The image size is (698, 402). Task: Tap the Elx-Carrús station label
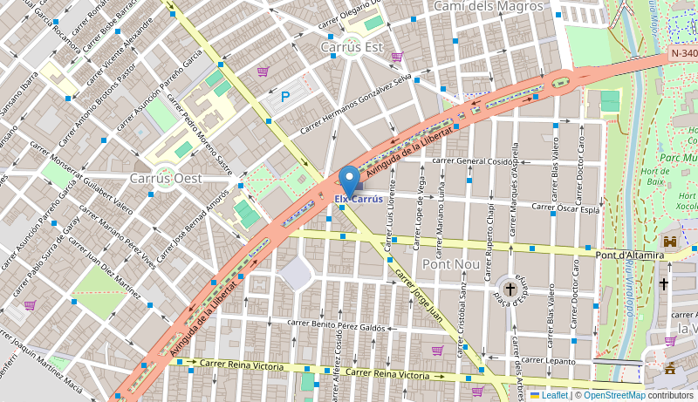tap(358, 200)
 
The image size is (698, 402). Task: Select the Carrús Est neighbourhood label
tap(352, 46)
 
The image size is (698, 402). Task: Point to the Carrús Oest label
tap(166, 178)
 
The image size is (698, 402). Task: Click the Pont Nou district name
tap(448, 263)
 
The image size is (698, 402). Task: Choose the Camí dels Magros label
tap(489, 7)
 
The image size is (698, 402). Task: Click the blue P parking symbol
tap(285, 98)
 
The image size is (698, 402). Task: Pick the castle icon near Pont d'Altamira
tap(670, 241)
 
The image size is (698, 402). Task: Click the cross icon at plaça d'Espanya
tap(510, 287)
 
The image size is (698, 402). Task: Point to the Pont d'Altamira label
tap(630, 256)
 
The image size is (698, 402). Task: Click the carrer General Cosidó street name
tap(472, 161)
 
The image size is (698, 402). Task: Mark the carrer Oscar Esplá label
tap(565, 208)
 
